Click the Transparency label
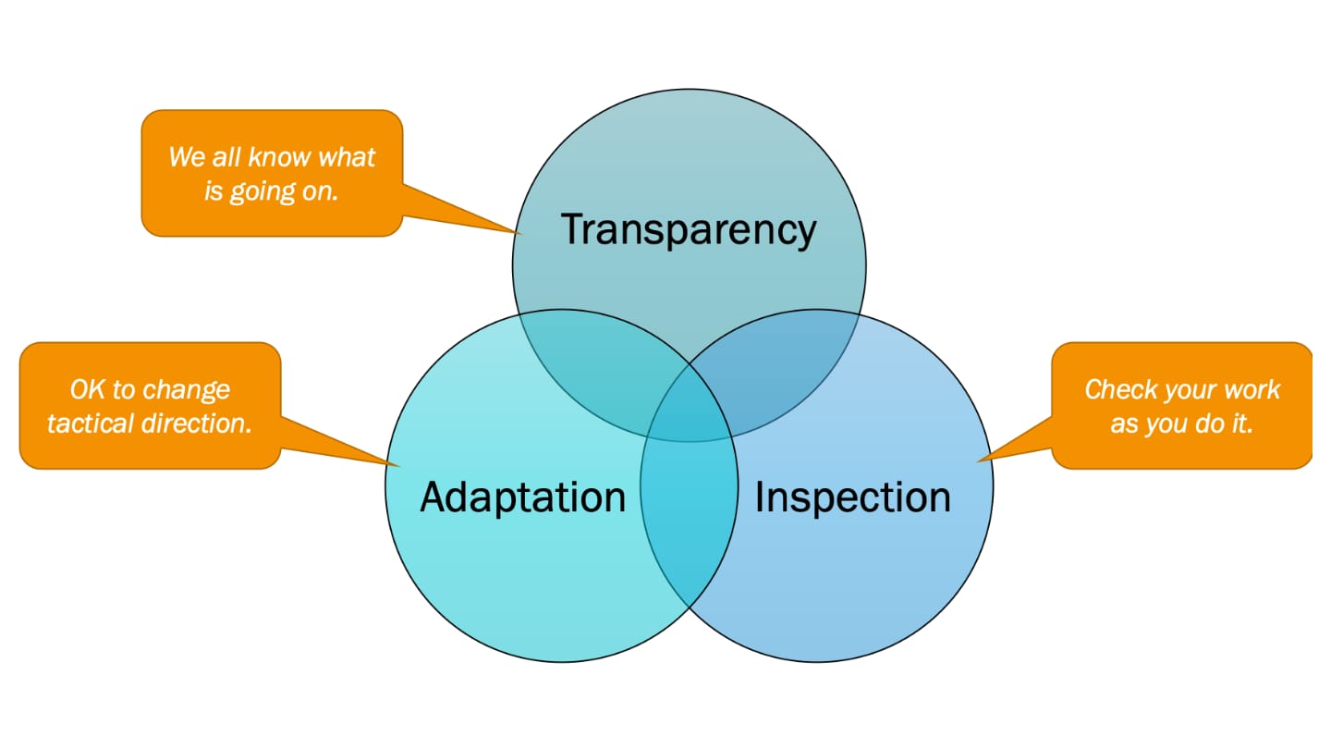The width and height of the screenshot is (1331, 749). pyautogui.click(x=689, y=229)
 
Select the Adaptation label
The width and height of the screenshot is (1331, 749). pyautogui.click(x=523, y=497)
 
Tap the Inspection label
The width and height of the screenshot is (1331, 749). pyautogui.click(x=852, y=497)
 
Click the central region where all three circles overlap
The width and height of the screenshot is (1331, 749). pyautogui.click(x=690, y=404)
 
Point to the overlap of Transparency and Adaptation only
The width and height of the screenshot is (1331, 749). pyautogui.click(x=600, y=369)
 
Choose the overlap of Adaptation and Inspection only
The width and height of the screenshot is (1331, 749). pyautogui.click(x=690, y=523)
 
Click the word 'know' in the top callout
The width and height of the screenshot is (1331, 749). pyautogui.click(x=279, y=157)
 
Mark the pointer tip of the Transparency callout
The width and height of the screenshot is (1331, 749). pyautogui.click(x=520, y=233)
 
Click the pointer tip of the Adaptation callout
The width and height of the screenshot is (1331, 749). pyautogui.click(x=398, y=465)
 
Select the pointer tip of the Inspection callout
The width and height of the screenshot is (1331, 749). pyautogui.click(x=979, y=460)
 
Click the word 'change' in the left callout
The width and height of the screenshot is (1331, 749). pyautogui.click(x=187, y=391)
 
